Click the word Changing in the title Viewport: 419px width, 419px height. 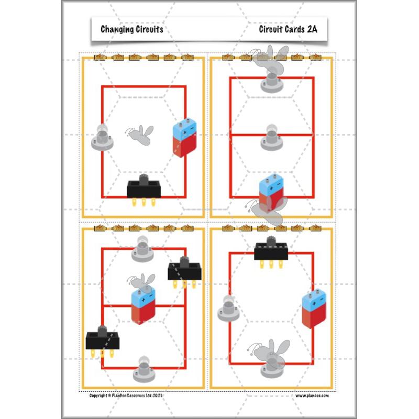click(116, 29)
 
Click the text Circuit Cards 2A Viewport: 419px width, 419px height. click(288, 29)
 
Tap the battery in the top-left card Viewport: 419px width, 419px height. click(182, 138)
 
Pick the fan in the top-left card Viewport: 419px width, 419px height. click(140, 135)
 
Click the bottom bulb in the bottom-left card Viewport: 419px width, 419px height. click(143, 370)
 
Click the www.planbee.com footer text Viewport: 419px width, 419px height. click(312, 395)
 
